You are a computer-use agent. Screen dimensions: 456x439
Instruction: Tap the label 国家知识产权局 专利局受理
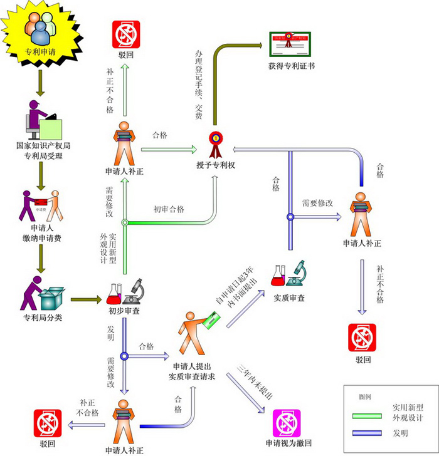(x=43, y=150)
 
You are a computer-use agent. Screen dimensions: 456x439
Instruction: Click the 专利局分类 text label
(x=43, y=317)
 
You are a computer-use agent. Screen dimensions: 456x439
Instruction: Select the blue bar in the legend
(x=371, y=433)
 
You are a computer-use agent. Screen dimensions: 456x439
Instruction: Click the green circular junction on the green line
(x=125, y=222)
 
